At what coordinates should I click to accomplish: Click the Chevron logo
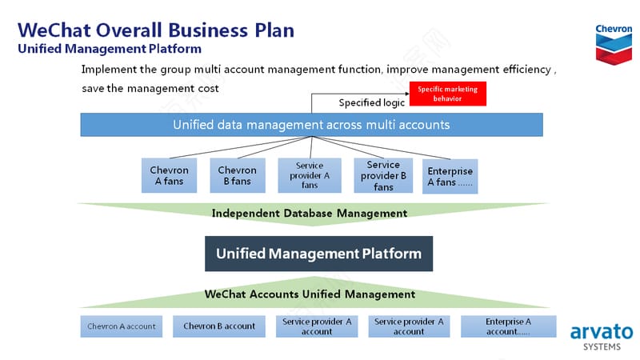point(614,45)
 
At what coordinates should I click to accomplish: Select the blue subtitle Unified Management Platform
point(110,49)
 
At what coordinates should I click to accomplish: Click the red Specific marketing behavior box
point(448,94)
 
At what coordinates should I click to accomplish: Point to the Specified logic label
point(371,102)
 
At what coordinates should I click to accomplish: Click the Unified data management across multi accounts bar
point(311,125)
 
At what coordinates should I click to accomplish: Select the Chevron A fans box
point(169,175)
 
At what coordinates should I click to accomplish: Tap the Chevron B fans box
point(238,175)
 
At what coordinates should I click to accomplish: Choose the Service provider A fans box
point(310,175)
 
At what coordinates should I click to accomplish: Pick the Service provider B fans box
point(383,175)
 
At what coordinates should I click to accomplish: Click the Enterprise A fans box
point(450,176)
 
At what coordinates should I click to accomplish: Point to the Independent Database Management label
point(310,213)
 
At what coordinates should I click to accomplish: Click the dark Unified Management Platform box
point(318,254)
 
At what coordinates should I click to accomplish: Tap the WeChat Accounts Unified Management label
point(310,294)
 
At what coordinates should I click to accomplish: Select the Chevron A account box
point(122,326)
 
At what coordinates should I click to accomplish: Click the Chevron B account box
point(218,326)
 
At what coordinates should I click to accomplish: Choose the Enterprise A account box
point(508,326)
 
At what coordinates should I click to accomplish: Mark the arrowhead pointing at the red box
point(407,94)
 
